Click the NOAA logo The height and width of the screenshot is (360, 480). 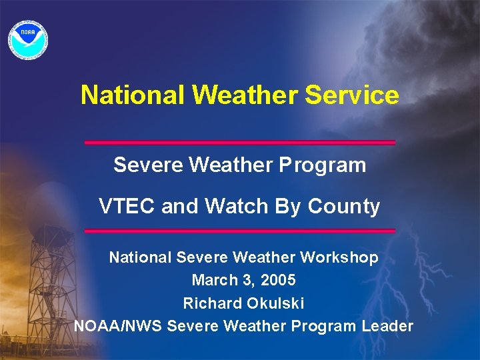click(27, 37)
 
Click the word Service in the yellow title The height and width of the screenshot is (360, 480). click(352, 95)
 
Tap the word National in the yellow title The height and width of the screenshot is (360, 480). click(133, 95)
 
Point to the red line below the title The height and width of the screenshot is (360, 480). click(240, 143)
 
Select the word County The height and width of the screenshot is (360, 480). click(343, 207)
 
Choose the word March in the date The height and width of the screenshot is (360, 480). click(213, 281)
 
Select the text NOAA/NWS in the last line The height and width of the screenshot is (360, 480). click(118, 326)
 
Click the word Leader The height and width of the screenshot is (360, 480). click(387, 326)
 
